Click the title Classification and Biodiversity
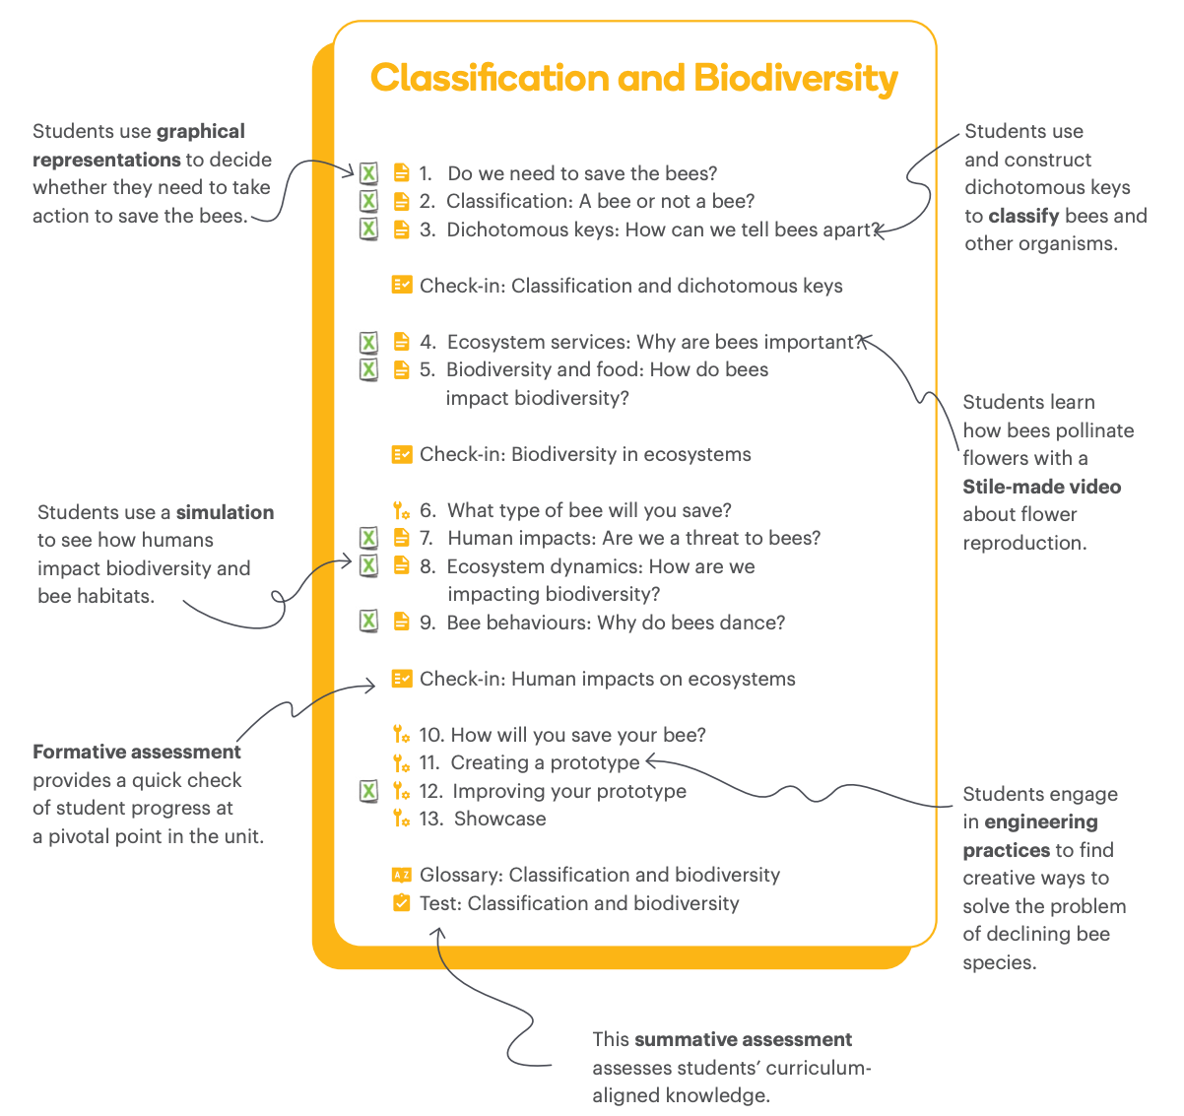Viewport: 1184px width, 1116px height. (633, 79)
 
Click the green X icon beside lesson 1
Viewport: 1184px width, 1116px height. (368, 173)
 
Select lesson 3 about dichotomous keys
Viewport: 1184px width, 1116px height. (662, 230)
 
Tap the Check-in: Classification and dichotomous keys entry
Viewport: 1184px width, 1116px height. (630, 286)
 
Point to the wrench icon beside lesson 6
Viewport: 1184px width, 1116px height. (401, 510)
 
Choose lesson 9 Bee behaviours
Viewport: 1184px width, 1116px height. (615, 623)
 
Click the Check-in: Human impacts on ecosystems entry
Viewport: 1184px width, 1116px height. (607, 679)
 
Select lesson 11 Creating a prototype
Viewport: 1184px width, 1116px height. (544, 762)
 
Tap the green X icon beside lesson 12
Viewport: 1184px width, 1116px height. (368, 791)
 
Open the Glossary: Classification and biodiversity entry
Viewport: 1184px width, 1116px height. (599, 875)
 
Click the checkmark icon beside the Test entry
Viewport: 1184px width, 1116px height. (401, 903)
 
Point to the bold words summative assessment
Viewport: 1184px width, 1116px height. (744, 1039)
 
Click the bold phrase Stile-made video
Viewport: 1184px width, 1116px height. (1041, 487)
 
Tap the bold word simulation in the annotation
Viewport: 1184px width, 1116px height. (225, 512)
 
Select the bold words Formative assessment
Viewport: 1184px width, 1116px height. (137, 752)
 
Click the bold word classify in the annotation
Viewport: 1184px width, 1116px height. (1024, 216)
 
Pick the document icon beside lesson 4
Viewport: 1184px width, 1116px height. (401, 342)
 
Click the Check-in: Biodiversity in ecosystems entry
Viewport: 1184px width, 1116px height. (584, 454)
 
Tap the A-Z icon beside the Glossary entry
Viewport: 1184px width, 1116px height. (401, 875)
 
